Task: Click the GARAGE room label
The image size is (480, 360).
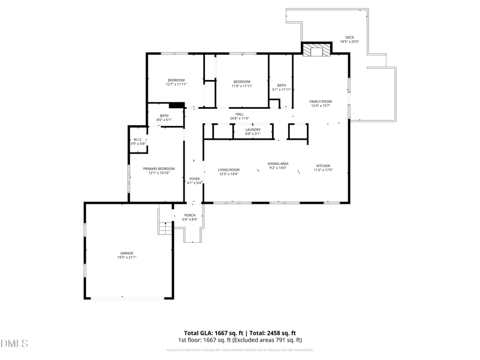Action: pyautogui.click(x=126, y=253)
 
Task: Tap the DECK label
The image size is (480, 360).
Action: pyautogui.click(x=349, y=37)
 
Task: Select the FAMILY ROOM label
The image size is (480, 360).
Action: pyautogui.click(x=321, y=101)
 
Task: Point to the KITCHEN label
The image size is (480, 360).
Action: pyautogui.click(x=324, y=166)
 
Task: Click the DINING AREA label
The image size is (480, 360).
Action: pyautogui.click(x=278, y=164)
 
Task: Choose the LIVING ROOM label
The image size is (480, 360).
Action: pyautogui.click(x=228, y=170)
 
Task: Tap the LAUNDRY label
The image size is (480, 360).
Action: pyautogui.click(x=253, y=130)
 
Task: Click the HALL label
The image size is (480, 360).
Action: pyautogui.click(x=239, y=114)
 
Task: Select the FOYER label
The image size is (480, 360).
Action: pyautogui.click(x=194, y=179)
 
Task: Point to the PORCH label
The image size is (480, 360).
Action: pyautogui.click(x=190, y=215)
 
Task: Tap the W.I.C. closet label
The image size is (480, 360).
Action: pyautogui.click(x=138, y=140)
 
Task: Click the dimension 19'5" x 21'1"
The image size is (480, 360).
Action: pyautogui.click(x=127, y=258)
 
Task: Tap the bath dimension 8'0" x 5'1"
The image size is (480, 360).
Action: pyautogui.click(x=164, y=120)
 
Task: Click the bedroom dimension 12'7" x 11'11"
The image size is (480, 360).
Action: pyautogui.click(x=176, y=84)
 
